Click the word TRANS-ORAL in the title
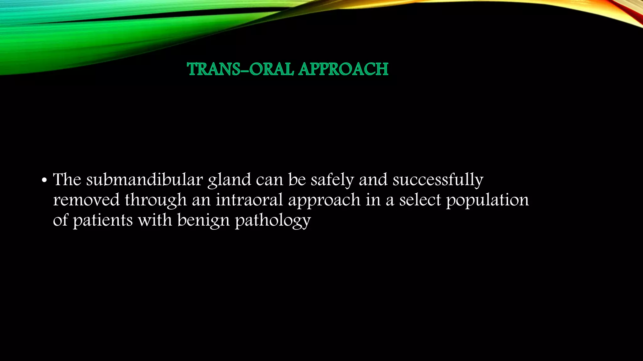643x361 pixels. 240,69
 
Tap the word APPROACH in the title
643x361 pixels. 343,69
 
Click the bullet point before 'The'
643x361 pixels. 44,181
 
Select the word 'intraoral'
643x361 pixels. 249,200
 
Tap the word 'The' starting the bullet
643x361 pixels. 67,180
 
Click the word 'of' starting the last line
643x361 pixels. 60,220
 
